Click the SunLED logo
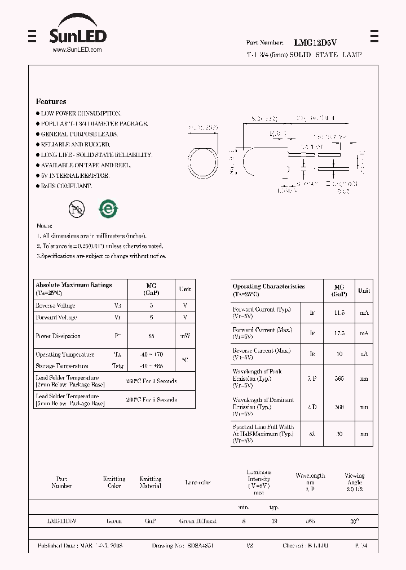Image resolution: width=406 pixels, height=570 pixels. (77, 34)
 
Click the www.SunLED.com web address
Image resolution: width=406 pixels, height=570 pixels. (77, 50)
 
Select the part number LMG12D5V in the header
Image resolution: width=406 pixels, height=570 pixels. (315, 42)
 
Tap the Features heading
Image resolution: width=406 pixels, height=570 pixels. (51, 101)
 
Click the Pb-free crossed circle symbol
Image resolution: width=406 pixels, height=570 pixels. (77, 210)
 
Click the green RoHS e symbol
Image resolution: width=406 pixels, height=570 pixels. (108, 209)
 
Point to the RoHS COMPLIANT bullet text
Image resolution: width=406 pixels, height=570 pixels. (66, 186)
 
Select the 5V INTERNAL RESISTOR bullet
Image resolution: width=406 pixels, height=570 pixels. (75, 176)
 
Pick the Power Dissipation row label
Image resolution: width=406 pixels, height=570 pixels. (58, 336)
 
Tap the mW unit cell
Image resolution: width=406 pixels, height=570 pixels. (185, 336)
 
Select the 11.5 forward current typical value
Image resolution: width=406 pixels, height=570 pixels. (339, 312)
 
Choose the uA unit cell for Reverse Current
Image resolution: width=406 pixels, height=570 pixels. (364, 354)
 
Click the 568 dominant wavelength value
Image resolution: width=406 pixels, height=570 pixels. (339, 407)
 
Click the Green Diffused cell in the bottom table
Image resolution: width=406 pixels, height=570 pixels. (197, 521)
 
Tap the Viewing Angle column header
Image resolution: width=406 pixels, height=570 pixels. (354, 479)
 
